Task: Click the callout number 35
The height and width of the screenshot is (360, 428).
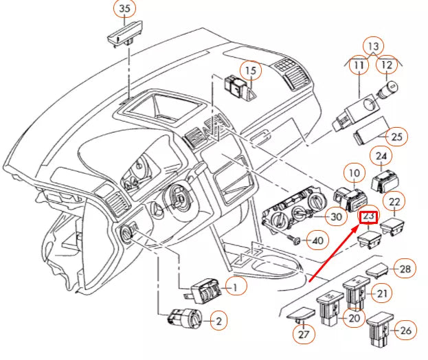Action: coord(124,10)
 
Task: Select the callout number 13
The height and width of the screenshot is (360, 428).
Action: coord(372,46)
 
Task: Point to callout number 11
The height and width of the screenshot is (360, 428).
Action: coord(359,66)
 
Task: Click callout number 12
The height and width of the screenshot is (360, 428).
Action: coord(387,66)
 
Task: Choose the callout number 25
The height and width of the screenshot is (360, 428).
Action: coord(396,137)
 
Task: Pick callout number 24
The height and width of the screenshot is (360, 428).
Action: coord(381,157)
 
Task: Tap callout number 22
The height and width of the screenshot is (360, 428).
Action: coord(394,201)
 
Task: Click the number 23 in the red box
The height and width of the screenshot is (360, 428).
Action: coord(369,216)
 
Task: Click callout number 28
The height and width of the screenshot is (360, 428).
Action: coord(405,269)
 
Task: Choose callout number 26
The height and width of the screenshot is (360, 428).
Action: coord(405,330)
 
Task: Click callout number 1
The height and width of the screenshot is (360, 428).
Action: coord(234,286)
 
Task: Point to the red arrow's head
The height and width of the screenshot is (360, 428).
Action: coord(361,225)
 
